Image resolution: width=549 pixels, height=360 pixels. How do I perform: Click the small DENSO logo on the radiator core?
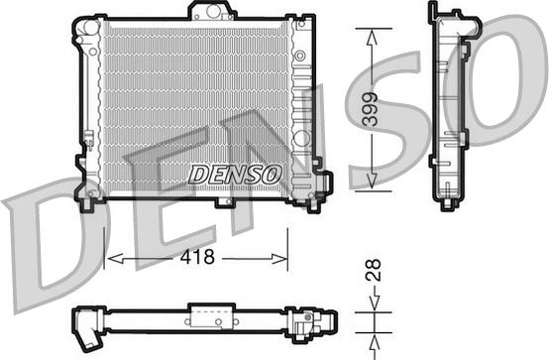tap(236, 174)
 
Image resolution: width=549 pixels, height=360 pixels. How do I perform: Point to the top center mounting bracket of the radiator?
tap(211, 12)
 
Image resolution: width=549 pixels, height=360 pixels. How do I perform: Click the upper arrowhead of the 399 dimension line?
tap(372, 36)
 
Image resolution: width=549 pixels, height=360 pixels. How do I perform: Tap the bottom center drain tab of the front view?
tap(226, 202)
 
